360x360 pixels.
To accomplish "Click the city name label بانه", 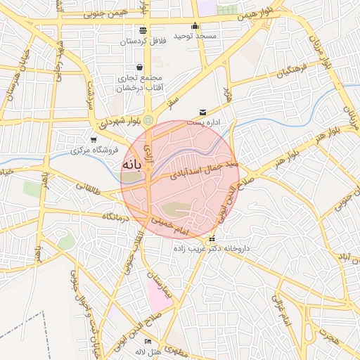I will [131, 165].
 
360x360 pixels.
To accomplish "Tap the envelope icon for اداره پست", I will [203, 112].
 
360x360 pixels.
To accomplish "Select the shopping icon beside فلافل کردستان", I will [143, 30].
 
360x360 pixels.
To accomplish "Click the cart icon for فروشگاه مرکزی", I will [94, 140].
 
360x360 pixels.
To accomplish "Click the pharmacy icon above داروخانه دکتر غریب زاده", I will [212, 239].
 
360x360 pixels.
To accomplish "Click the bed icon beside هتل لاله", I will [148, 342].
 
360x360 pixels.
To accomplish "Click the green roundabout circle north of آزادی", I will [148, 120].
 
